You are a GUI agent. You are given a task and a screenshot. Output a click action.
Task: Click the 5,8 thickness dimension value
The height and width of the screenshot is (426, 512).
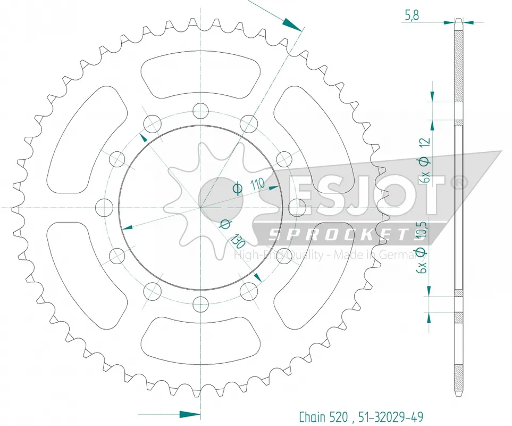tap(412, 15)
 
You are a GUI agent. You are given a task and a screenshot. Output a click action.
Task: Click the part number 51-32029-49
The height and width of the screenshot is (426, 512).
tap(391, 417)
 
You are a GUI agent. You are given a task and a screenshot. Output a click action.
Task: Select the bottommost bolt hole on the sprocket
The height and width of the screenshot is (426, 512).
tap(200, 305)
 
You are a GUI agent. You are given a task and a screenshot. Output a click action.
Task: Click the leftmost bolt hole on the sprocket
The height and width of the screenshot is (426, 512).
tap(104, 207)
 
